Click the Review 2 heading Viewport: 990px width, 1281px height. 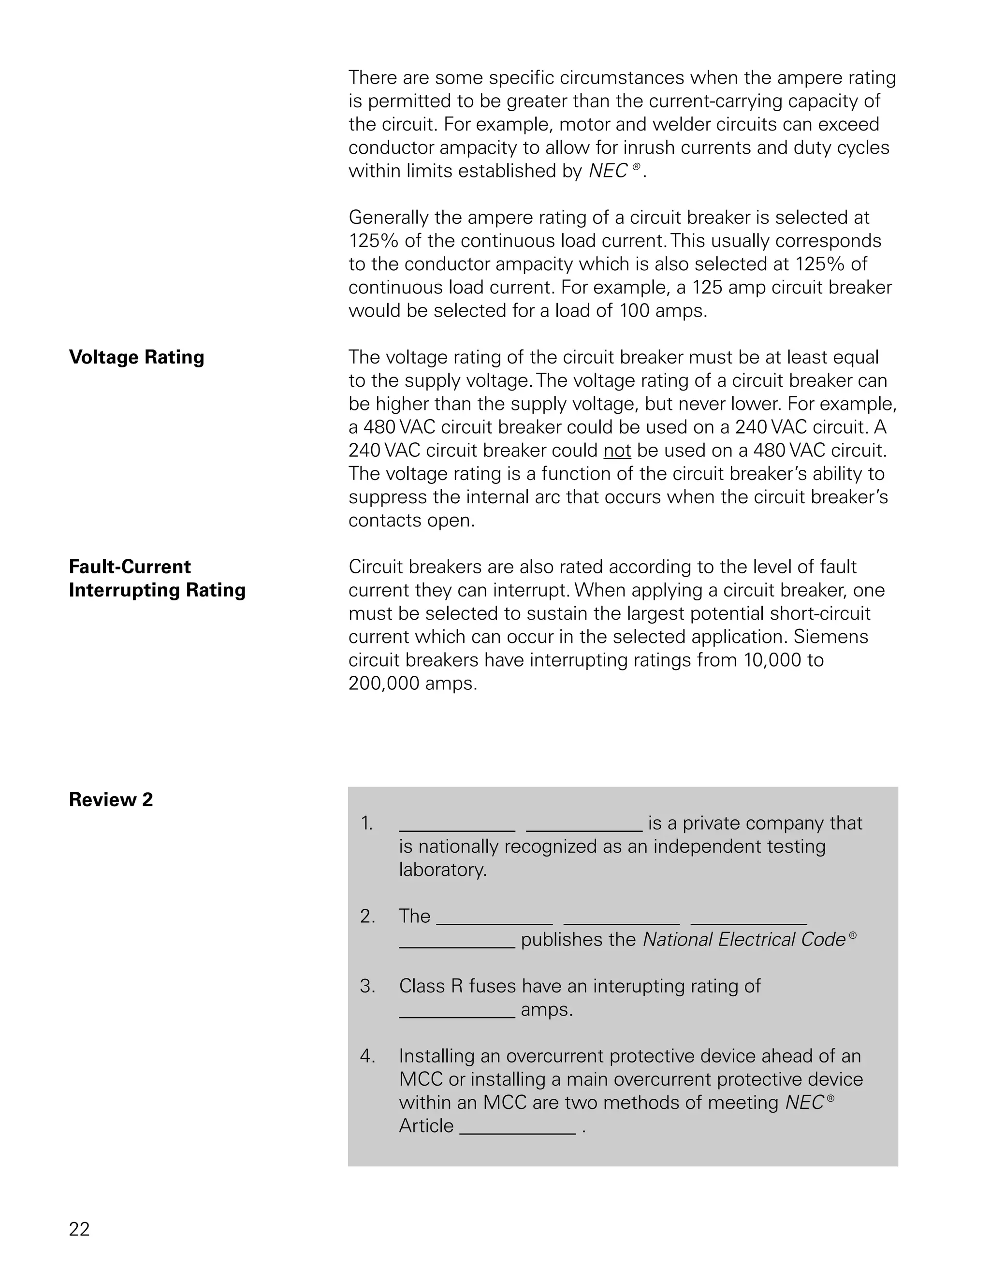tap(110, 800)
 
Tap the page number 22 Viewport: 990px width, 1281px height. tap(79, 1229)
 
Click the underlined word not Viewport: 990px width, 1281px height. tap(617, 451)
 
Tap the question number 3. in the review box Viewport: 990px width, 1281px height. tap(367, 986)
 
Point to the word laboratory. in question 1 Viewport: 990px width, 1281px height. tap(443, 870)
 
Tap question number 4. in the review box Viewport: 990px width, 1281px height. tap(367, 1056)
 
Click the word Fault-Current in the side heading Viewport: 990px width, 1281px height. tap(130, 567)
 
